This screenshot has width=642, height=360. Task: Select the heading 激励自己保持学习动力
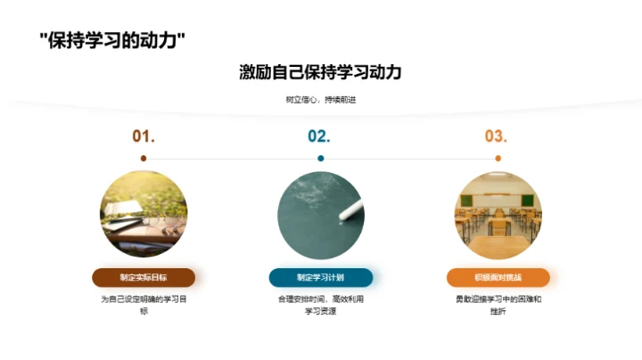coord(320,72)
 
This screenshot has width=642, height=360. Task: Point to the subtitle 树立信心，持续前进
coord(320,99)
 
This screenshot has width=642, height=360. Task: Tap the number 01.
coord(144,136)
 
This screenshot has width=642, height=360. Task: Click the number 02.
coord(319,136)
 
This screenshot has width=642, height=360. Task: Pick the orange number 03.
coord(496,136)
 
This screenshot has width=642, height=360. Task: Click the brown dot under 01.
coord(144,159)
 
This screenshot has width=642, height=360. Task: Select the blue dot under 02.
coord(321,159)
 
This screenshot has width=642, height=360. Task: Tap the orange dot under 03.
coord(497,159)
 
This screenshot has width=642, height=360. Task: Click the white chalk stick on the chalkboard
coord(350,211)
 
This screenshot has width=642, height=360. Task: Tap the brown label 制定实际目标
coord(144,277)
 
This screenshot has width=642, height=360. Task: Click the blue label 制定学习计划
coord(320,277)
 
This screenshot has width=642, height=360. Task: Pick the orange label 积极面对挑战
coord(498,277)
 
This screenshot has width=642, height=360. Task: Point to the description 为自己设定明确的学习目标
coord(144,305)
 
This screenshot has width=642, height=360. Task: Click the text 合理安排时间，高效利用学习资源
coord(320,305)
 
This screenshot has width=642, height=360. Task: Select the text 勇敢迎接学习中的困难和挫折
coord(498,305)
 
